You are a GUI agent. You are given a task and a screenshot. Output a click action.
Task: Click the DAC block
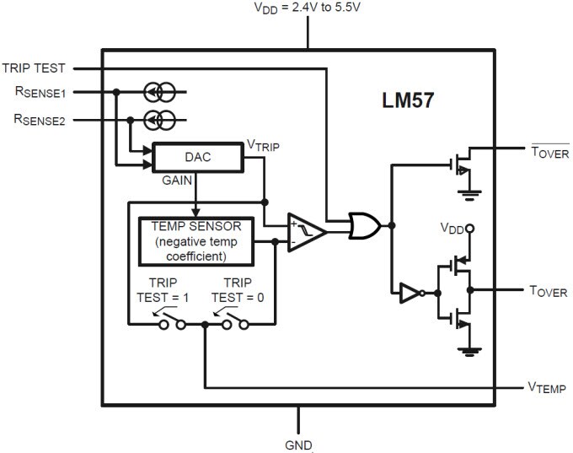point(198,158)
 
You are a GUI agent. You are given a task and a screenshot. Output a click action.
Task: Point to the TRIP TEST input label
point(40,67)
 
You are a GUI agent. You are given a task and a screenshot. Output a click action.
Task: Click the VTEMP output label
point(548,388)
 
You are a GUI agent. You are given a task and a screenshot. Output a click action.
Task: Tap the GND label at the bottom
point(298,444)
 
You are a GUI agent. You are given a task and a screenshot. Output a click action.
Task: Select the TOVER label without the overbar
point(549,292)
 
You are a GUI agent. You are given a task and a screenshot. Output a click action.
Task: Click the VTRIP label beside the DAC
point(263,145)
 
